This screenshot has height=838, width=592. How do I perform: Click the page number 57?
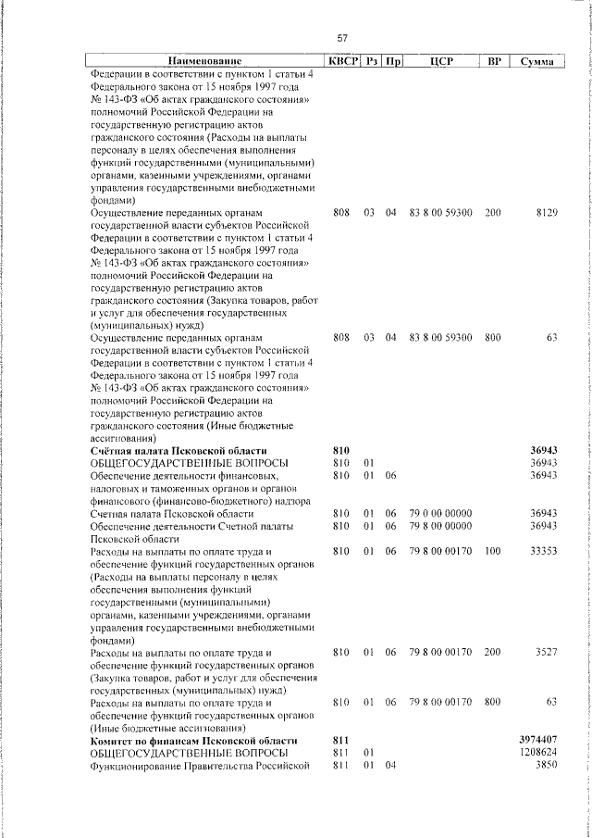341,38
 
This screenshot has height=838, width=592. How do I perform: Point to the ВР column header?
494,62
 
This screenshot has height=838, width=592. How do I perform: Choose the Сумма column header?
536,62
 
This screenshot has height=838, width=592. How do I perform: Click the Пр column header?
392,62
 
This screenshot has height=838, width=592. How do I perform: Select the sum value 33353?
540,552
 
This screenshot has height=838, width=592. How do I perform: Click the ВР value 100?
492,552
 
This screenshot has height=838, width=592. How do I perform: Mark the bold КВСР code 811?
339,743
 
